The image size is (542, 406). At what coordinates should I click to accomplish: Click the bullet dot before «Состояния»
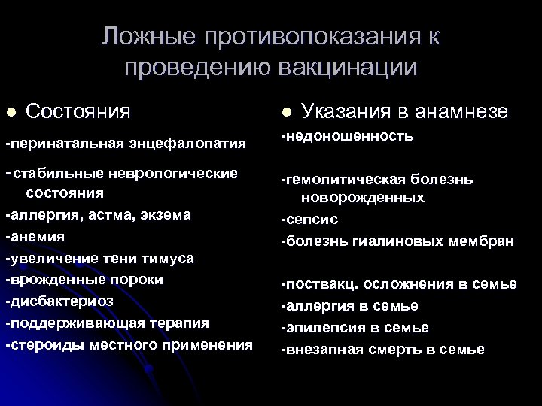coord(11,112)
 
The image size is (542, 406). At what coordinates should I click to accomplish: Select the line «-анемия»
coord(35,236)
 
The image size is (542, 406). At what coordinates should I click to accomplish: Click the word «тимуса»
coord(168,258)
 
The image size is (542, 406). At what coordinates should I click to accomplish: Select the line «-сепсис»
coord(309,221)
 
